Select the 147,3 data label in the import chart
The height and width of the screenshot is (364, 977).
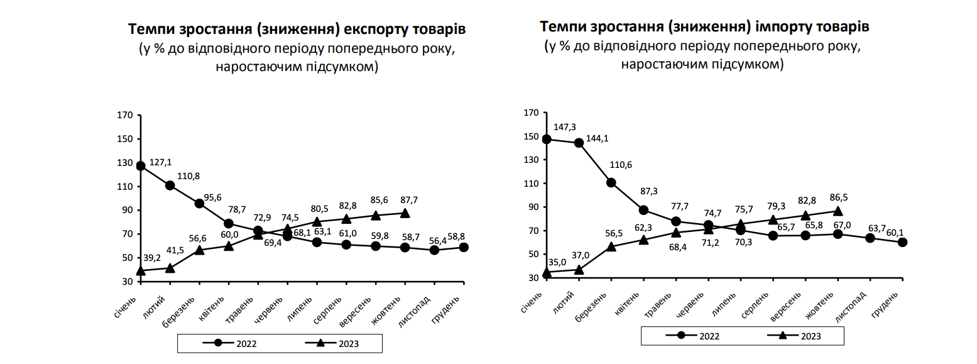click(565, 127)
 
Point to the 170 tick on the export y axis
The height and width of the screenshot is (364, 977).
click(124, 116)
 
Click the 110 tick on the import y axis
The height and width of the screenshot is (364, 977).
click(531, 184)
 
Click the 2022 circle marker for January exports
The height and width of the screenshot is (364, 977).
click(141, 166)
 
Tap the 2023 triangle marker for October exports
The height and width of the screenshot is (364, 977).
click(405, 213)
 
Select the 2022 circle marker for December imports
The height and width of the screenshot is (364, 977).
click(902, 242)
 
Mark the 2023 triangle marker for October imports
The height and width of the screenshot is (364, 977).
click(838, 211)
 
